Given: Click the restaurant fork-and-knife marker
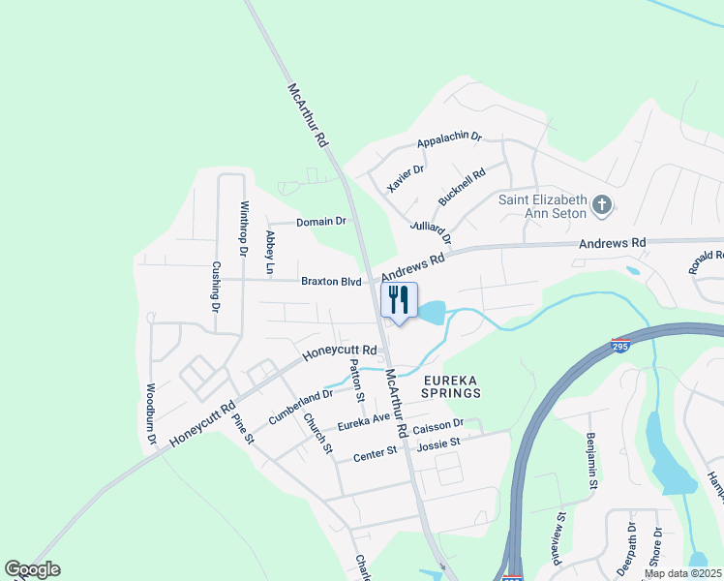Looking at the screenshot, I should pyautogui.click(x=399, y=302).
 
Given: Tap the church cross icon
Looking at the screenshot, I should pyautogui.click(x=602, y=204).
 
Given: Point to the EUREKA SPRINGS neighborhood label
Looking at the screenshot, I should pyautogui.click(x=451, y=387).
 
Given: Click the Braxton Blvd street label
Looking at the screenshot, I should pyautogui.click(x=330, y=282).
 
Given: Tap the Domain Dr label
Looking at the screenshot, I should pyautogui.click(x=320, y=222).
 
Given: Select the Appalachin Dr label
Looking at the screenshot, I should pyautogui.click(x=449, y=140).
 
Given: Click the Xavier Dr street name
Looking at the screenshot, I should pyautogui.click(x=406, y=178).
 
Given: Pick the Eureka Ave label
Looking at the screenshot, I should pyautogui.click(x=363, y=422).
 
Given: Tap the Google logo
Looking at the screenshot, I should pyautogui.click(x=32, y=569).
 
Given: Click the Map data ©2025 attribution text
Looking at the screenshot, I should pyautogui.click(x=681, y=573).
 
